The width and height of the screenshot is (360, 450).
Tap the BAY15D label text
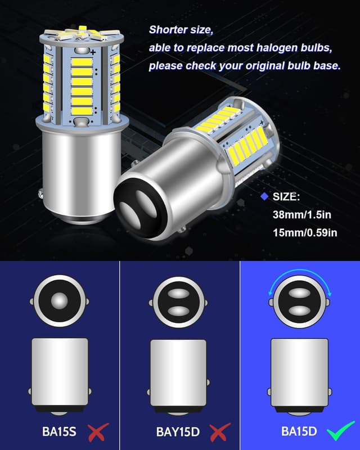click(177, 432)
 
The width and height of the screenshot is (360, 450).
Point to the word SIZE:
click(287, 197)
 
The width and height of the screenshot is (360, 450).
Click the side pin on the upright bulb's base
click(41, 195)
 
